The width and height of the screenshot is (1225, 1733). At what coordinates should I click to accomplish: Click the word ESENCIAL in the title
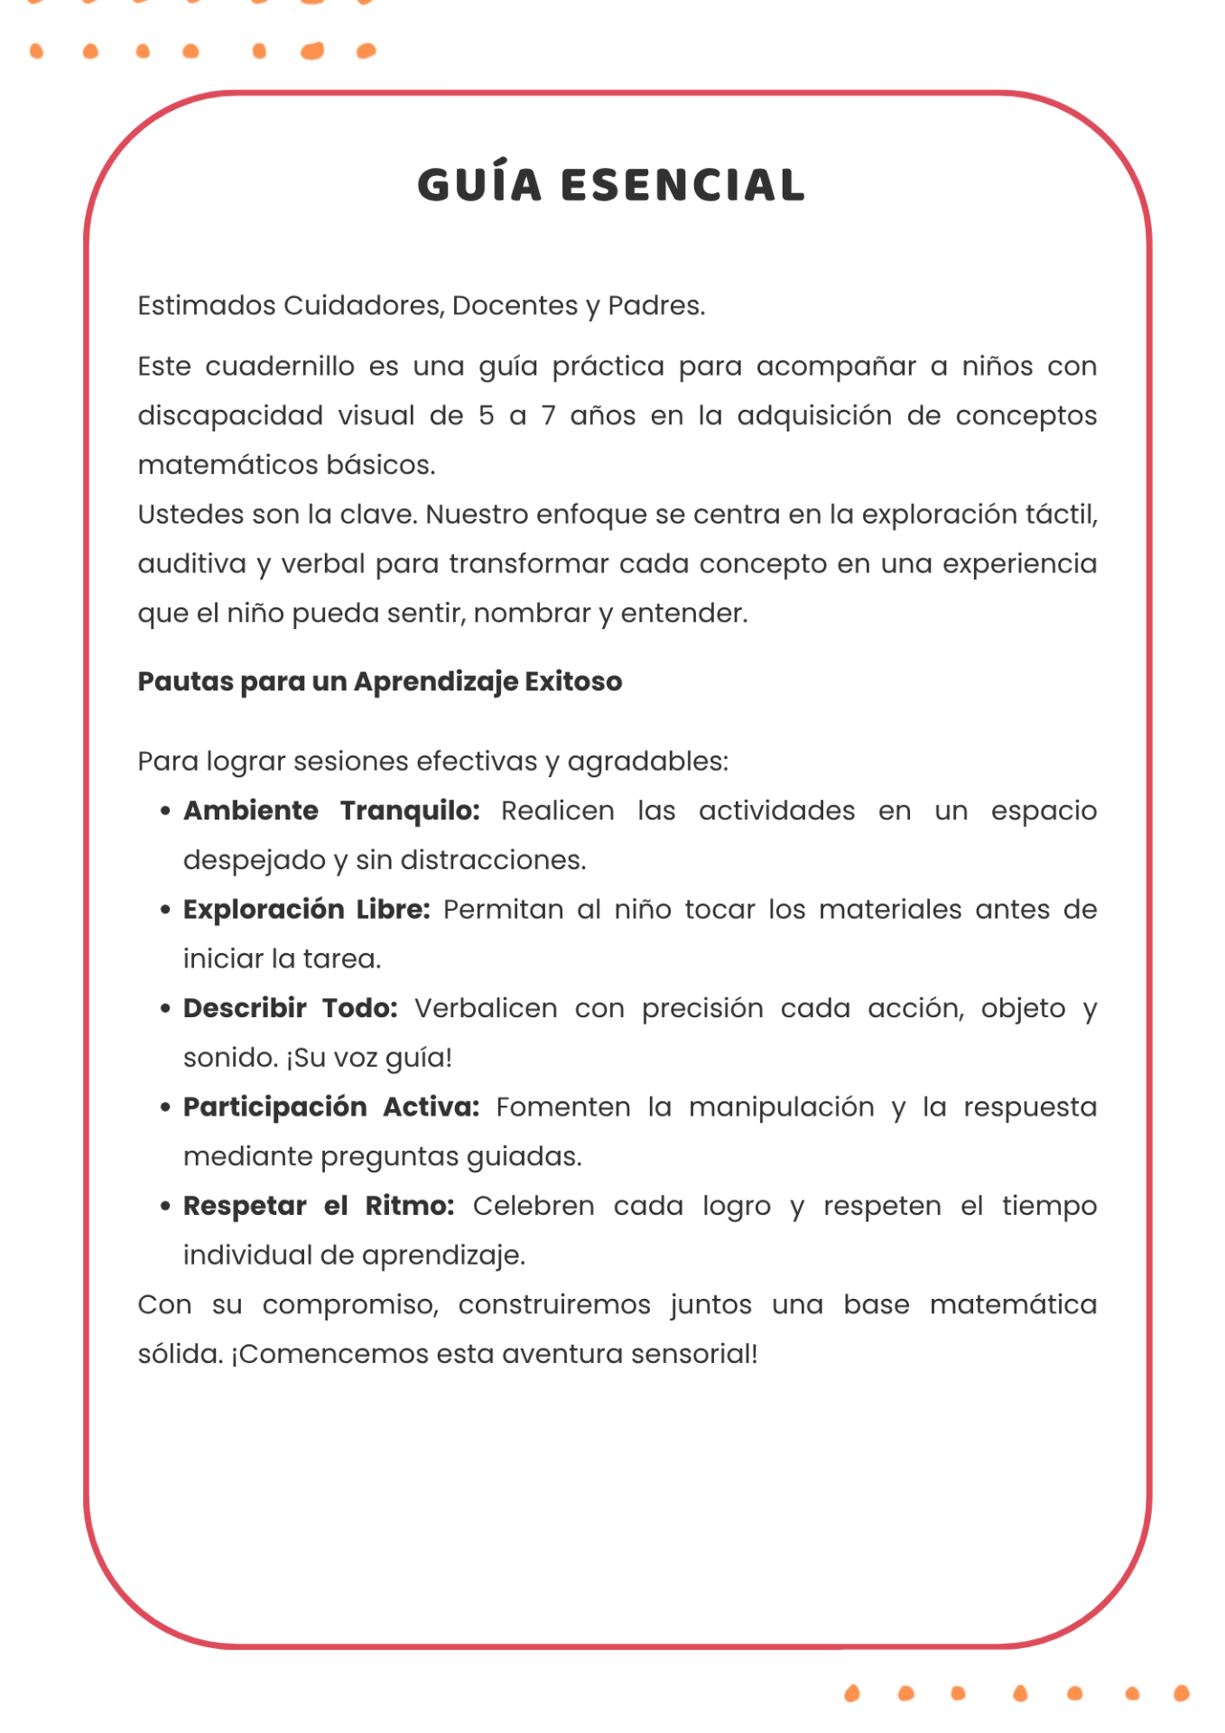tap(682, 185)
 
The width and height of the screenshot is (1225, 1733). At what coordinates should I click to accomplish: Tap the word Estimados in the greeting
tap(206, 306)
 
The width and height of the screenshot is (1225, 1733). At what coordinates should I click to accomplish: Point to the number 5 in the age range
tap(487, 415)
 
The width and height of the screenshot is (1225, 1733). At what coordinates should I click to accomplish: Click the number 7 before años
tap(548, 415)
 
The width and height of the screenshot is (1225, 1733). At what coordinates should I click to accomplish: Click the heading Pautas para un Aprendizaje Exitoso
tap(379, 681)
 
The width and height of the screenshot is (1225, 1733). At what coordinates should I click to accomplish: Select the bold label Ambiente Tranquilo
tap(331, 811)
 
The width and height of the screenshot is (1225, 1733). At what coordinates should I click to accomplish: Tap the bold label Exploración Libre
tap(307, 909)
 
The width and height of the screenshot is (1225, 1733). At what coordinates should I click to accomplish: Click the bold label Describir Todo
tap(291, 1008)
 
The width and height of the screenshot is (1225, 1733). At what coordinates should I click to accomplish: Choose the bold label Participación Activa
tap(331, 1107)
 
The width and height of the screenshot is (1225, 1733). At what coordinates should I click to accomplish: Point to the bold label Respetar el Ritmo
tap(319, 1206)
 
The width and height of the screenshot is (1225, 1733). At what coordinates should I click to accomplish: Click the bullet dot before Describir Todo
tap(164, 1008)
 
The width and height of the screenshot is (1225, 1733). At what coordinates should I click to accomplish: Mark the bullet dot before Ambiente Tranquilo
tap(164, 811)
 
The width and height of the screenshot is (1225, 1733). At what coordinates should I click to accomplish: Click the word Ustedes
tap(184, 514)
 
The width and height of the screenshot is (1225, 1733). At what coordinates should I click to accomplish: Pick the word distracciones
tap(492, 860)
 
